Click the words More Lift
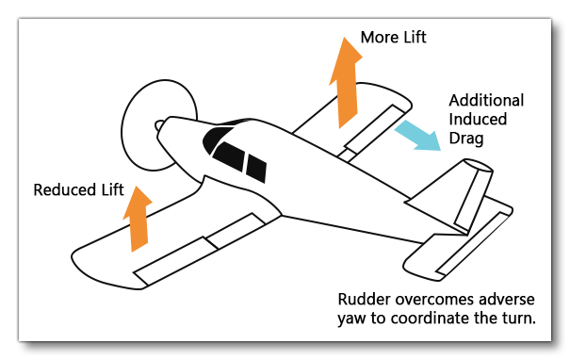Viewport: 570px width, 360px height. [393, 39]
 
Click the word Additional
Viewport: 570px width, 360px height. [486, 101]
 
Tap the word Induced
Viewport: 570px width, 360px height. [477, 120]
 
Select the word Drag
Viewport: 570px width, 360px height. [466, 139]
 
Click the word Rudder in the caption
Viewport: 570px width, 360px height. [362, 300]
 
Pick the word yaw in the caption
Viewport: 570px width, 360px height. [351, 319]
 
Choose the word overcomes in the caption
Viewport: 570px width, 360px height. [435, 300]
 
